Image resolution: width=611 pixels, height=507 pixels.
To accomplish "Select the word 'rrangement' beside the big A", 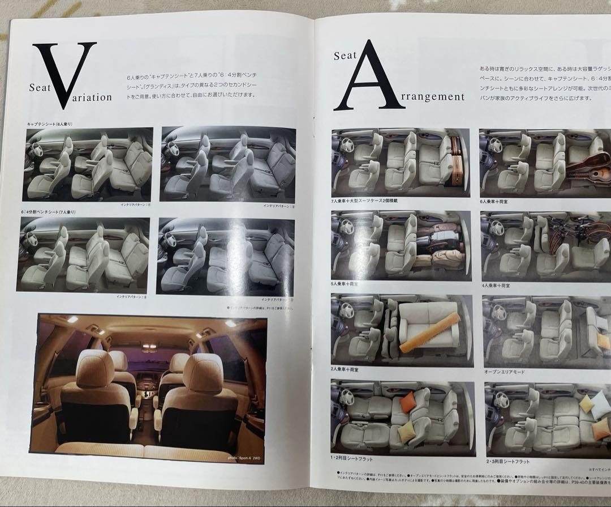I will (x=436, y=96).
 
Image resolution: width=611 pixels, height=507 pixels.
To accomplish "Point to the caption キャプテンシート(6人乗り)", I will (x=50, y=123).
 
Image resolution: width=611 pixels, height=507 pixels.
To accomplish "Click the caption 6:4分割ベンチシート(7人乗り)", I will (x=46, y=212).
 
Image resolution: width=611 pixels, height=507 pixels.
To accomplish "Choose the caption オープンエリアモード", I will (x=506, y=372).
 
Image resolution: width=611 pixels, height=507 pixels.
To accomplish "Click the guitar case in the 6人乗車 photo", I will (x=588, y=164).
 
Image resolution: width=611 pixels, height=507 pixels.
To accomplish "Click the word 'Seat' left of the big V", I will (x=41, y=88).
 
